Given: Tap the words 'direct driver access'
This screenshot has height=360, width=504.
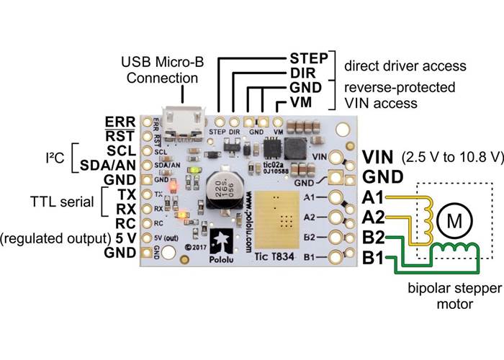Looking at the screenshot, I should pyautogui.click(x=405, y=66).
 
